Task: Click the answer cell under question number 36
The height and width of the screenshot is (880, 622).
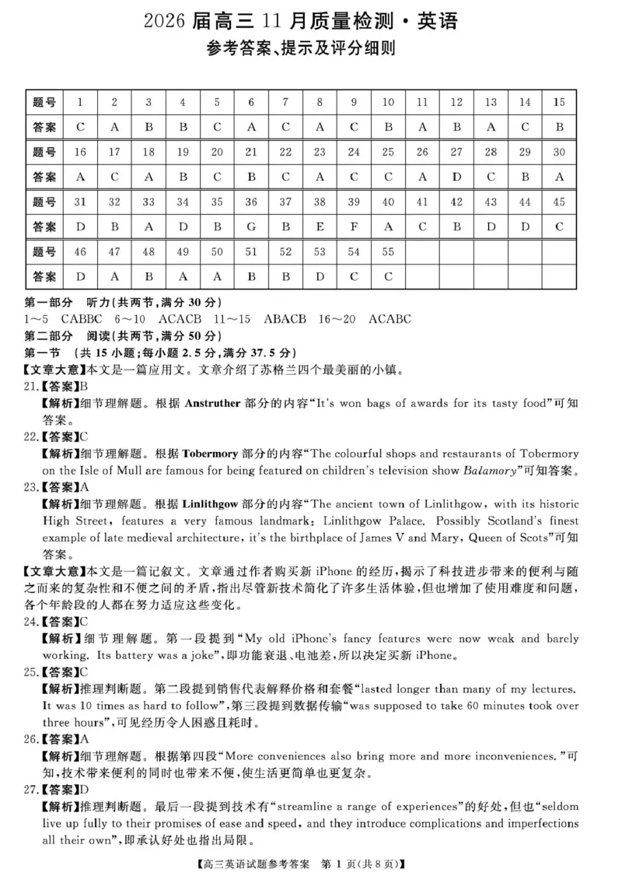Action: [251, 226]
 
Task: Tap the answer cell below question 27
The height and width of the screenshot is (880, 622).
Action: [456, 177]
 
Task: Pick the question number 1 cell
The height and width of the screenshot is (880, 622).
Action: [80, 102]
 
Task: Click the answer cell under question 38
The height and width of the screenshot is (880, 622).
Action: [320, 226]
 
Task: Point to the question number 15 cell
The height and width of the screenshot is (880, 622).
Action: [558, 102]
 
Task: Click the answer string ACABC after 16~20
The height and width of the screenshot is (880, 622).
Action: [390, 319]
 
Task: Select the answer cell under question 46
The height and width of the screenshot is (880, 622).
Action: [80, 276]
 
